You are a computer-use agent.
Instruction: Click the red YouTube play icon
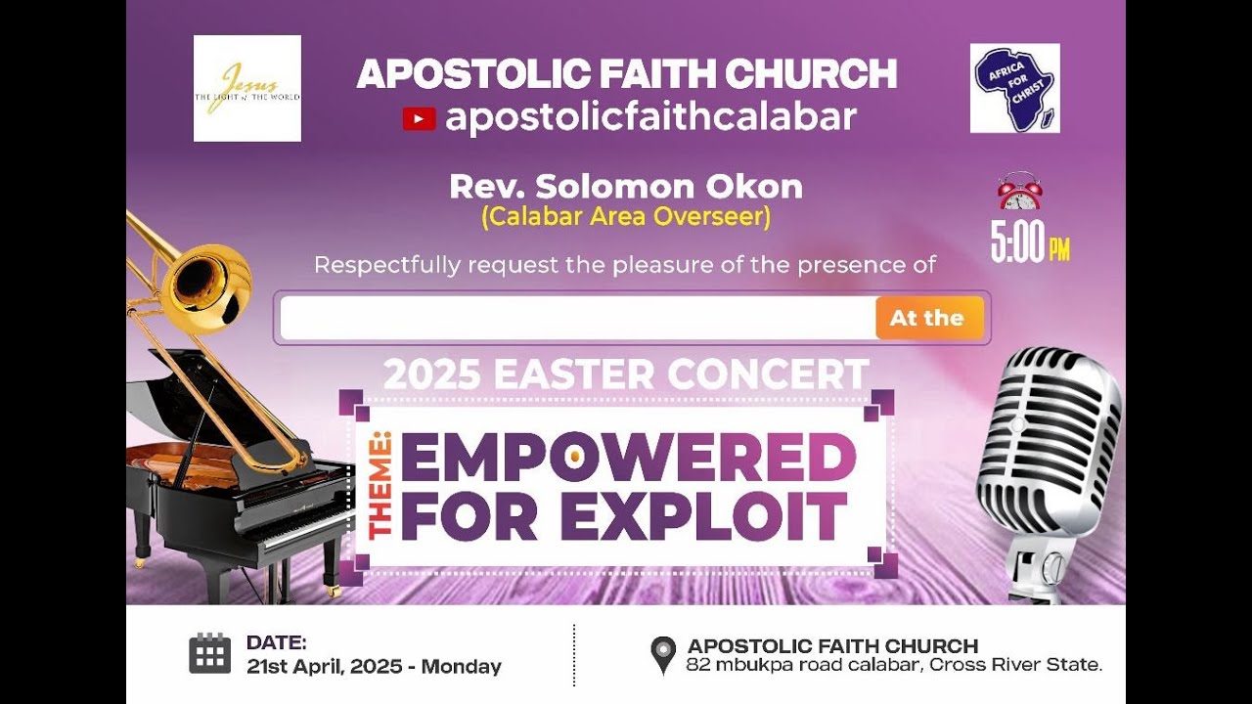tap(419, 119)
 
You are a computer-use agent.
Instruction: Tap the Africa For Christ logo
tap(1014, 88)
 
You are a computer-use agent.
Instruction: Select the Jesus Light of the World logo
tap(247, 88)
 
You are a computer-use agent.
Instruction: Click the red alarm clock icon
tap(1019, 192)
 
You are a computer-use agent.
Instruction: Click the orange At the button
tap(928, 318)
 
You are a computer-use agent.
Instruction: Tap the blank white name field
tap(577, 318)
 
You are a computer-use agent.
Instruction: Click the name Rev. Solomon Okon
tap(626, 186)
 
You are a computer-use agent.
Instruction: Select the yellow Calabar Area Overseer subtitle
tap(626, 217)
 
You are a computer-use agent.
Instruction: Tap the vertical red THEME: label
tap(380, 486)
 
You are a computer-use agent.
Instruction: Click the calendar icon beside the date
tap(209, 653)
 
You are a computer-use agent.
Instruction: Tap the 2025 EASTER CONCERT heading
tap(626, 374)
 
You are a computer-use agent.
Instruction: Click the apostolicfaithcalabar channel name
tap(650, 118)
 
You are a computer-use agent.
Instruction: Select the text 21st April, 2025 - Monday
tap(374, 667)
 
